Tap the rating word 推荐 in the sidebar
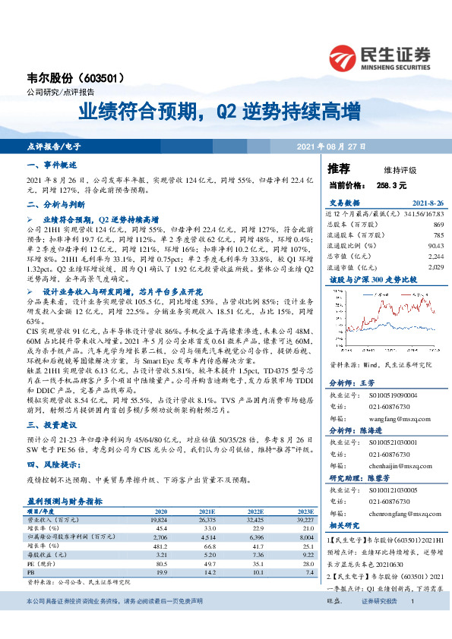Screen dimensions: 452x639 coord(339,168)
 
